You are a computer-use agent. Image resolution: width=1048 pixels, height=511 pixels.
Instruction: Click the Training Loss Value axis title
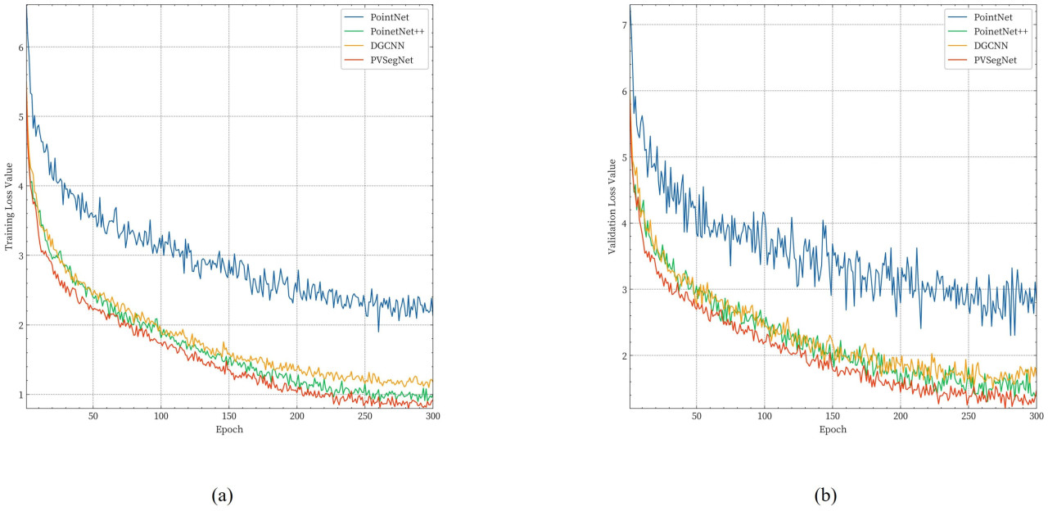tap(9, 206)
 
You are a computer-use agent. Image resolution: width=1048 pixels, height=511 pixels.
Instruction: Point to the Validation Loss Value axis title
tap(612, 206)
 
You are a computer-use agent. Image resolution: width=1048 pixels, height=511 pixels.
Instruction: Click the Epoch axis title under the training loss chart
tap(229, 429)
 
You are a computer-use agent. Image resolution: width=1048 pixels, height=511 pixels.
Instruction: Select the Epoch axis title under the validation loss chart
tap(833, 429)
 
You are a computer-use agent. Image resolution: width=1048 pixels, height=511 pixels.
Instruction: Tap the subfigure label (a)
tap(223, 495)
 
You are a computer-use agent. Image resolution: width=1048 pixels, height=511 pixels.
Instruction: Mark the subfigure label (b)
tap(826, 495)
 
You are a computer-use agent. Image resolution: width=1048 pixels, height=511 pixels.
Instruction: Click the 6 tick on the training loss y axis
tap(19, 47)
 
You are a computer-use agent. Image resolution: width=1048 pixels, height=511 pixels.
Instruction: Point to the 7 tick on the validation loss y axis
tap(622, 25)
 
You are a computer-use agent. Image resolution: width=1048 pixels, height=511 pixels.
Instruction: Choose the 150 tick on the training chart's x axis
tap(229, 416)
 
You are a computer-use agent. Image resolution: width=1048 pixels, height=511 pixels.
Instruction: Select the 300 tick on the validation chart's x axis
tap(1035, 416)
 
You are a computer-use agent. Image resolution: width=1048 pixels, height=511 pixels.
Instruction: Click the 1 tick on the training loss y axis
tap(19, 395)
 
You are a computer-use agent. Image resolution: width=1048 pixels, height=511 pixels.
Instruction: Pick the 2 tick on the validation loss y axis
tap(622, 356)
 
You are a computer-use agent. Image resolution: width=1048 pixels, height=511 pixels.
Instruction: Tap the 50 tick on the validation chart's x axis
tap(696, 416)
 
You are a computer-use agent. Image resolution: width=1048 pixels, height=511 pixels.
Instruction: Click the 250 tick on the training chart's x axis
tap(365, 416)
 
